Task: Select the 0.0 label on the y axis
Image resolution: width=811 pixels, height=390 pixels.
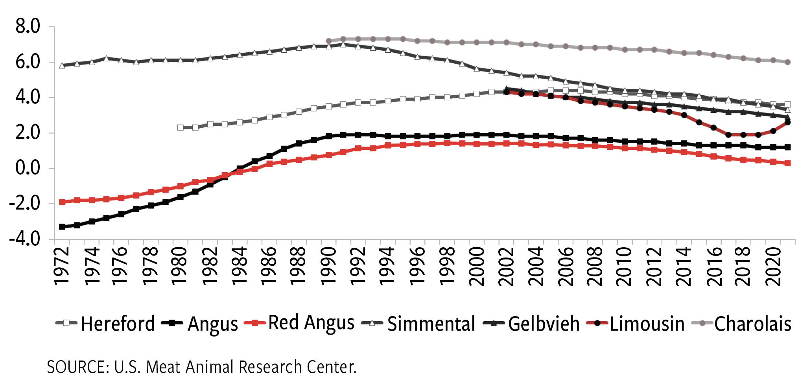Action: click(28, 168)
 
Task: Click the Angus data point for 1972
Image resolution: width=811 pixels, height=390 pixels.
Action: click(62, 227)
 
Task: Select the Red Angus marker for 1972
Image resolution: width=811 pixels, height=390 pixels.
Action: click(62, 202)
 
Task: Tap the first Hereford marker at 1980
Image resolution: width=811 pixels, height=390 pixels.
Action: click(181, 127)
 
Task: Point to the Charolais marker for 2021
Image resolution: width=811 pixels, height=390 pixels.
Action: click(788, 62)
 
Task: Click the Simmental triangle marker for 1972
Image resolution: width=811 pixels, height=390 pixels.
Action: click(62, 66)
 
